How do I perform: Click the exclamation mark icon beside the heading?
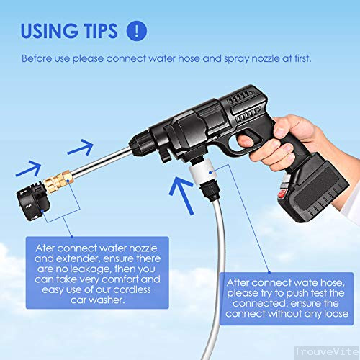pos(137,31)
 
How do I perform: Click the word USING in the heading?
pos(49,31)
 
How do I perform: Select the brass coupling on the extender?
pos(58,181)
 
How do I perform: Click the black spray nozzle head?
pos(33,202)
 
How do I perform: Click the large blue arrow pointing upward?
pos(182,195)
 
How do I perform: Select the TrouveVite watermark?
pos(327,351)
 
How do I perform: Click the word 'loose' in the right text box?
pos(336,314)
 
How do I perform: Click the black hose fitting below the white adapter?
pos(211,191)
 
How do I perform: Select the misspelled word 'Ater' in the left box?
pos(45,248)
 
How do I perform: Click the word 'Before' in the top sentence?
pos(37,58)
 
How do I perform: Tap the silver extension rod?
pos(102,161)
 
